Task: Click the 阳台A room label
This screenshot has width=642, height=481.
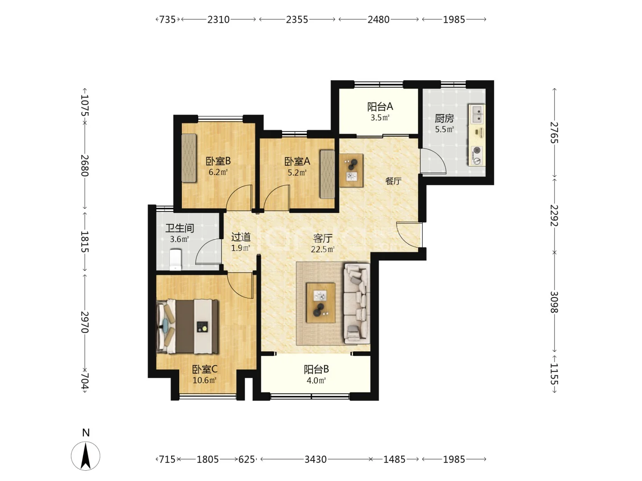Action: coord(380,107)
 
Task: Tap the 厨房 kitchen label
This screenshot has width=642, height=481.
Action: coord(444,118)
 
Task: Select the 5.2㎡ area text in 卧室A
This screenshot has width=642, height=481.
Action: coord(297,173)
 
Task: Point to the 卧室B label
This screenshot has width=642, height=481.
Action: coord(218,161)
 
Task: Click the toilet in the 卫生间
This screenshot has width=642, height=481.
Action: coord(176,260)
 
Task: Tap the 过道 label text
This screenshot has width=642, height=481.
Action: coord(241,237)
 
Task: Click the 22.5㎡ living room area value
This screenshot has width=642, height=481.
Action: coord(323,249)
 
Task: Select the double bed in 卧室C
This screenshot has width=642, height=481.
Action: coord(188,326)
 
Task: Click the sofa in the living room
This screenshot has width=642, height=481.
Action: coord(357,303)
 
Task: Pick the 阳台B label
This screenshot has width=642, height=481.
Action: coord(316,370)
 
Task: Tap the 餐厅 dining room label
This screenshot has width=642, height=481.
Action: coord(393,181)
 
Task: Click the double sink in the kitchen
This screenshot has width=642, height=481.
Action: coord(477,114)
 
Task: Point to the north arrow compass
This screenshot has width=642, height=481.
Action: coord(86,456)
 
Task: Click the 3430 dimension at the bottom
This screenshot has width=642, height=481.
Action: coord(315,459)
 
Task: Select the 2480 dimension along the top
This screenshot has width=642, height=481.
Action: coord(378,20)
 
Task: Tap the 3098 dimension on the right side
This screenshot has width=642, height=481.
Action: coord(554,302)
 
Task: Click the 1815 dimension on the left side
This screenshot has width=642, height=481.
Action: coord(85,241)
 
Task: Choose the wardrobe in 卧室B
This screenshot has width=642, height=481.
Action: coord(189,158)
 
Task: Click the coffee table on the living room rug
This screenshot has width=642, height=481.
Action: coord(321,303)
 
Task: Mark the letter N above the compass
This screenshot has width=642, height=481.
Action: coord(86,432)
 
